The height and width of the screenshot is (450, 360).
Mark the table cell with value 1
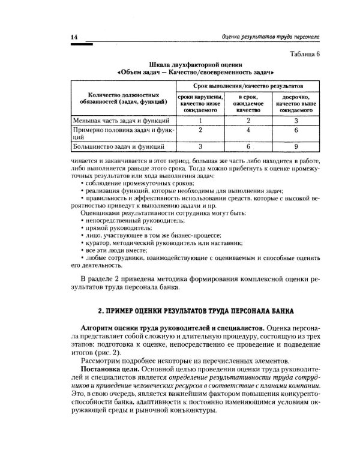[202, 121]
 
